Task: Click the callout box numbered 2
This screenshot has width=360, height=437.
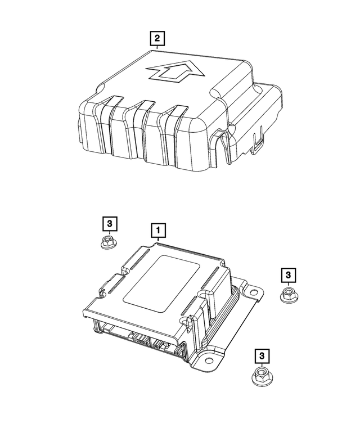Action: coord(158,38)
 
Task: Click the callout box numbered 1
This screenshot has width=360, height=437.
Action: coord(158,230)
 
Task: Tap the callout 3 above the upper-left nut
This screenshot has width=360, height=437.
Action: coord(110,224)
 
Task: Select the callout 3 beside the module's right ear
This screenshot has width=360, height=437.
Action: coord(287,275)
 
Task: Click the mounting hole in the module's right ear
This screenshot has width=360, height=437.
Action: coord(253,292)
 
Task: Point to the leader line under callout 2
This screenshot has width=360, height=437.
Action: coord(158,49)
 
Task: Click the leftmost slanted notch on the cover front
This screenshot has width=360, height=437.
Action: coord(110,101)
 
